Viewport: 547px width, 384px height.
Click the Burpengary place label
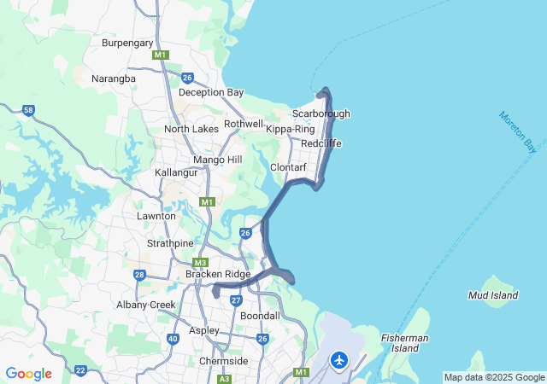127,43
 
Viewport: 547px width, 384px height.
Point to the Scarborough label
321,113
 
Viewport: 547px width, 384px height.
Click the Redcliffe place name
321,143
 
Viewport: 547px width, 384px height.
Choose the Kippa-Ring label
291,129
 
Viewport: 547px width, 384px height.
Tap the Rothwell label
244,124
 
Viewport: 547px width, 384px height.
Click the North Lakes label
191,129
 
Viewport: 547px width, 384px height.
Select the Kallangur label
176,172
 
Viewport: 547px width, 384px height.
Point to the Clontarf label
288,167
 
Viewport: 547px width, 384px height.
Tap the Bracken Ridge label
218,274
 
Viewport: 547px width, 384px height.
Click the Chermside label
223,361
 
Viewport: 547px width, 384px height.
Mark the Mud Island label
493,295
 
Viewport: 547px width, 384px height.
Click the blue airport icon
339,361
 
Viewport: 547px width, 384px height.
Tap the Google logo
29,374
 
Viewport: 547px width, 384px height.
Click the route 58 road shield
29,110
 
